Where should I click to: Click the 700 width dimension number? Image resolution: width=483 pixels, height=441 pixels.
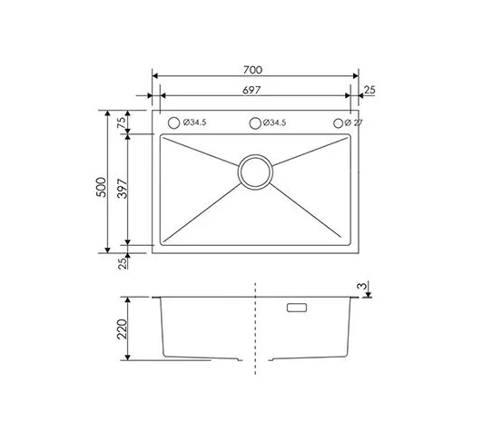click(x=252, y=70)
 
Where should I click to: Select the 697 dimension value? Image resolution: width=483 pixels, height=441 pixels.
click(x=251, y=90)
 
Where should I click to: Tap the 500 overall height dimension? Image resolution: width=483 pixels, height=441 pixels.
click(x=102, y=187)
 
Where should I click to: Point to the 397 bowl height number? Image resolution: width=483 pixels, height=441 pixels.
click(x=123, y=189)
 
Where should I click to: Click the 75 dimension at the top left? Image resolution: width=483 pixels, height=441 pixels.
click(x=123, y=122)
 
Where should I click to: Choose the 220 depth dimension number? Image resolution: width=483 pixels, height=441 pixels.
click(x=122, y=328)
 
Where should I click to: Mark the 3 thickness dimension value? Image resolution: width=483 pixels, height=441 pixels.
click(x=362, y=286)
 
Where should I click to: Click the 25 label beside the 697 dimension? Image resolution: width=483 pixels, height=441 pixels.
click(x=370, y=90)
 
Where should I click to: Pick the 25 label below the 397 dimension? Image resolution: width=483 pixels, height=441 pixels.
click(x=123, y=263)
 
